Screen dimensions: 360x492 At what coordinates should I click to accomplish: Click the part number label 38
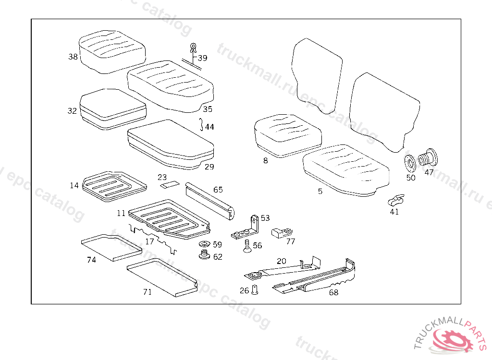(x=73, y=57)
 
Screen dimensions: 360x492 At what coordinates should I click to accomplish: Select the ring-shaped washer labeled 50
(x=410, y=164)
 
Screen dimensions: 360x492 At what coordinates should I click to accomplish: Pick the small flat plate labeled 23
(x=170, y=184)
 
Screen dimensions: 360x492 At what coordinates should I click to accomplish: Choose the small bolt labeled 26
(x=255, y=290)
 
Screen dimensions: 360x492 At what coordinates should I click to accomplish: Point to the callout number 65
(x=218, y=190)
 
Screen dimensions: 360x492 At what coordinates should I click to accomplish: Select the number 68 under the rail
(x=333, y=292)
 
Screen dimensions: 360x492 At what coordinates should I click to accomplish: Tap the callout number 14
(x=74, y=185)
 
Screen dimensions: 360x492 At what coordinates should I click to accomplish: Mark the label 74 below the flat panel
(x=91, y=260)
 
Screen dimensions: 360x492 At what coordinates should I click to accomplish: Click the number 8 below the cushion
(x=266, y=161)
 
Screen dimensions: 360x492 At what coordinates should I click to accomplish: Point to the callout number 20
(x=282, y=261)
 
